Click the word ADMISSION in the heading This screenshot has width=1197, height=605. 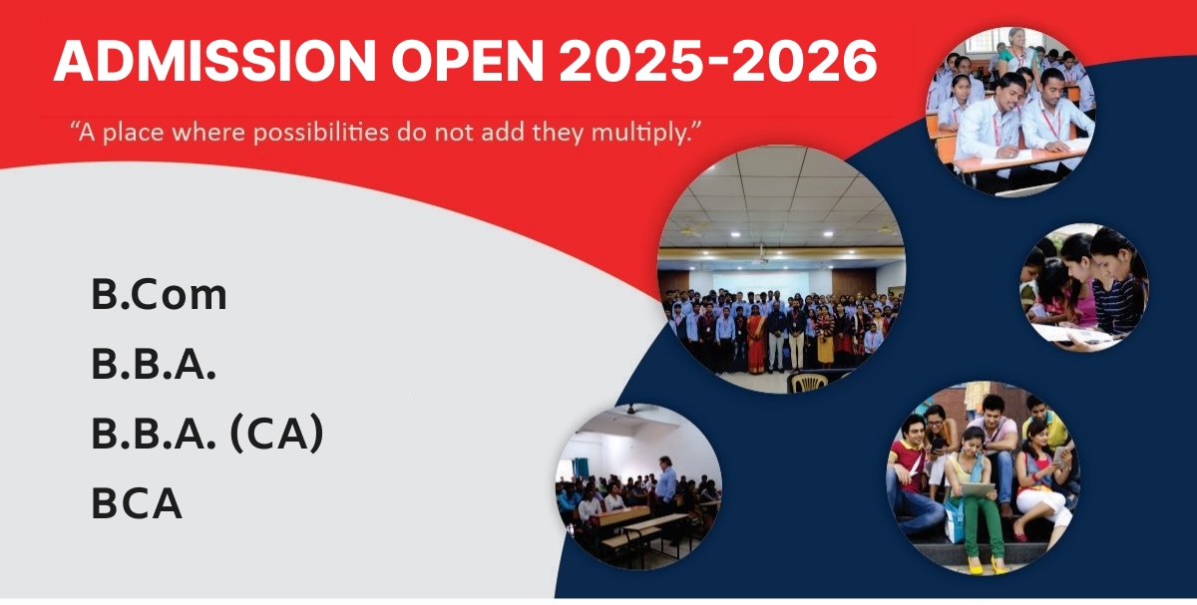pos(214,61)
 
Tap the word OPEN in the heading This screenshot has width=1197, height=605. pos(468,61)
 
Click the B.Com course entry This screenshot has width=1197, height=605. pos(160,294)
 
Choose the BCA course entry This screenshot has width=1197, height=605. pos(137,502)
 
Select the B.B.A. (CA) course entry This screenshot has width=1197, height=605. pos(207,434)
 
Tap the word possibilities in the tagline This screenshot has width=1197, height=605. pos(321,133)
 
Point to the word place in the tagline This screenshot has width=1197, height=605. pos(133,133)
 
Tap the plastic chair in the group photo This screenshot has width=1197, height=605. pos(807,382)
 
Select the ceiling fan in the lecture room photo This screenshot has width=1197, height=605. pos(631,410)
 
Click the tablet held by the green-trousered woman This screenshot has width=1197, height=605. pos(978,489)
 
